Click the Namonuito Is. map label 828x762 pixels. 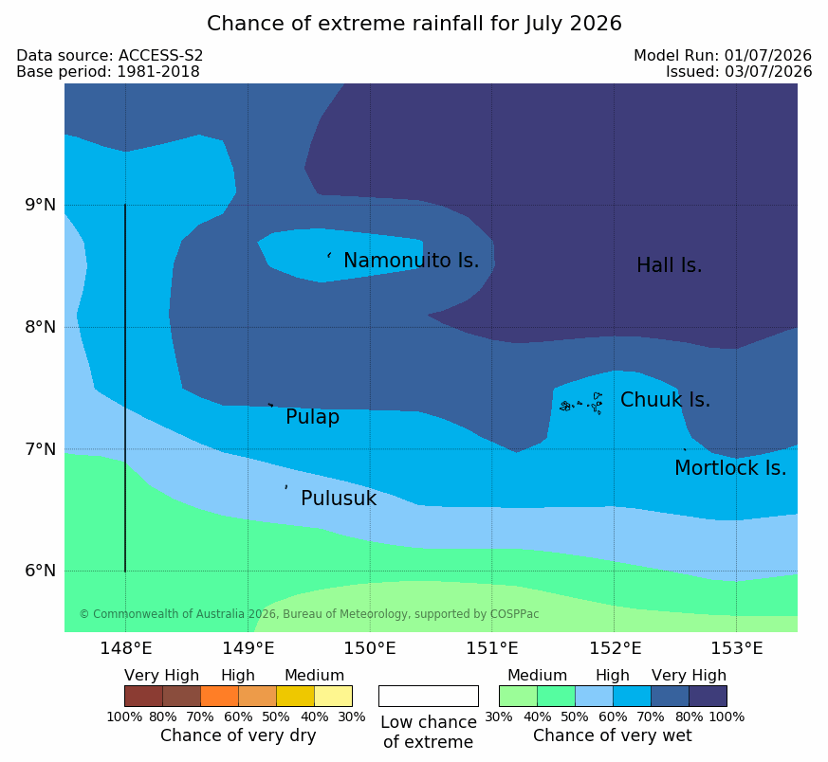[412, 261]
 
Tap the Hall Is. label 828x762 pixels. [669, 265]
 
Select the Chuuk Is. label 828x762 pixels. [665, 400]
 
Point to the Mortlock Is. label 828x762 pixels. [730, 468]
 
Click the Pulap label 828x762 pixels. [313, 417]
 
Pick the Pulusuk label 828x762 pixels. [339, 499]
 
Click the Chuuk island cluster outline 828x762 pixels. [581, 404]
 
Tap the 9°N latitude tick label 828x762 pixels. [40, 205]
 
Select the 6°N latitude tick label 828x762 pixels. [40, 571]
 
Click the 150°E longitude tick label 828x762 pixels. [370, 648]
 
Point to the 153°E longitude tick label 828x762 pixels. [736, 648]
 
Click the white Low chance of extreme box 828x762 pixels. [429, 696]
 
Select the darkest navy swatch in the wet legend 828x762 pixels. [708, 696]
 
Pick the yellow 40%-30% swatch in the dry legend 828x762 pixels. [333, 696]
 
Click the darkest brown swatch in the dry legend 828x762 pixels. [143, 696]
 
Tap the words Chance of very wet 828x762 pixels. [612, 735]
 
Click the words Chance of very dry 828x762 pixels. [238, 735]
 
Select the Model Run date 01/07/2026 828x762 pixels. [768, 55]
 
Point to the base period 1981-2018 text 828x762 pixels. [157, 72]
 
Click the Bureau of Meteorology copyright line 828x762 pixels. [309, 614]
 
